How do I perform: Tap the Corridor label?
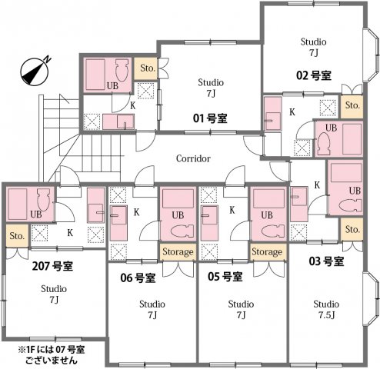coord(193,158)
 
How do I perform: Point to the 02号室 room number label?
coord(313,75)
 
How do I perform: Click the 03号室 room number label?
coord(325,261)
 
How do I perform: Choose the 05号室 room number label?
coord(225,277)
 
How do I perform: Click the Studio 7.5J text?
coord(325,309)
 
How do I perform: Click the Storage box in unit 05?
coord(266,251)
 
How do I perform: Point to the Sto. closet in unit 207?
coord(17,236)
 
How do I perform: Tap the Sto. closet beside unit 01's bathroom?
coord(147,68)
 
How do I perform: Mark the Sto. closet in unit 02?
coord(352,105)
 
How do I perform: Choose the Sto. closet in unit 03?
coord(352,229)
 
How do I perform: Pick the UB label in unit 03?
coord(355,190)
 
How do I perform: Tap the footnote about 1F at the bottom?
coord(45,354)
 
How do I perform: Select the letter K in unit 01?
coord(132,105)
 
